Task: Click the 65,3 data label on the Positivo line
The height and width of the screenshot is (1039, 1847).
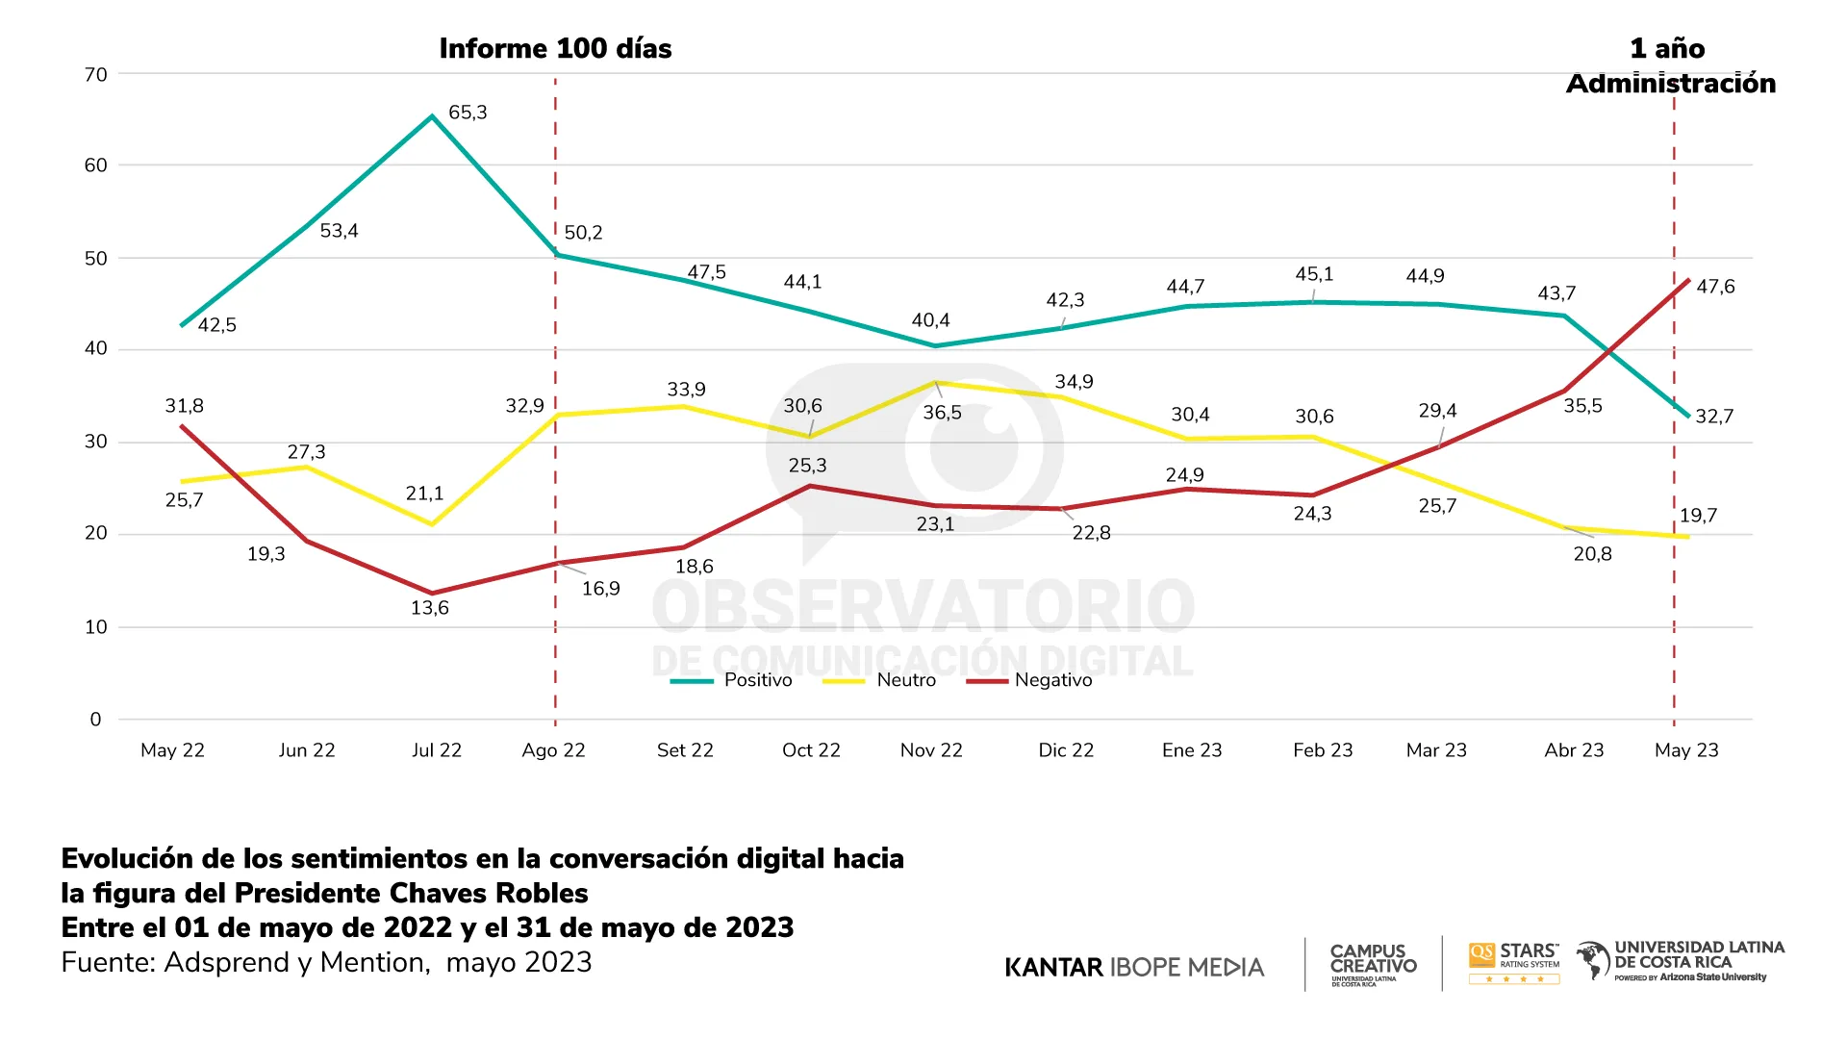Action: tap(468, 113)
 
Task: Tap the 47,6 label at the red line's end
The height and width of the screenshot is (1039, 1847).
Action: tap(1715, 287)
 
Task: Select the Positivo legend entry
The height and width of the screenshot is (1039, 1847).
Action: tap(757, 680)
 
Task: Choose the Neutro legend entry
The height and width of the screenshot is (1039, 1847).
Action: tap(905, 680)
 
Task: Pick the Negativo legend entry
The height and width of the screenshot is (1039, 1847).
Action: tap(1052, 680)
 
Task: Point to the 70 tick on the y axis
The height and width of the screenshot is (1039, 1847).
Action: tap(96, 75)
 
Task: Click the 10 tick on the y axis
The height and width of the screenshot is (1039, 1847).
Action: tap(96, 627)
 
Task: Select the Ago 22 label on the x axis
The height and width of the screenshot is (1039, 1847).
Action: tap(553, 750)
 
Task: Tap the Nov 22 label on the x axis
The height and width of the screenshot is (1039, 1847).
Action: tap(931, 750)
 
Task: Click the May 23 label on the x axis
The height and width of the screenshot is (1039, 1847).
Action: tap(1686, 750)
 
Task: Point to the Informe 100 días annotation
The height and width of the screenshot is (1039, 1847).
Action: tap(555, 49)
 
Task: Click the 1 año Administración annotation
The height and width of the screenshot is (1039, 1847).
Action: tap(1671, 66)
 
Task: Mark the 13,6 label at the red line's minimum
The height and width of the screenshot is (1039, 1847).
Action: tap(430, 608)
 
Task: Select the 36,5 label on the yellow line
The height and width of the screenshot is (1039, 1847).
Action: tap(942, 413)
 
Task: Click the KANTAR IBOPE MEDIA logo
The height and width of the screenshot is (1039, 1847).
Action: tap(1134, 968)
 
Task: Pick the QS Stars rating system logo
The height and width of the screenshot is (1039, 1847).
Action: tap(1514, 962)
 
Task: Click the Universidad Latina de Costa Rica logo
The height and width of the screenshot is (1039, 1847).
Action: tap(1681, 961)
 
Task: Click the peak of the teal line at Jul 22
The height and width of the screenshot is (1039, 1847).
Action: tap(432, 116)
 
